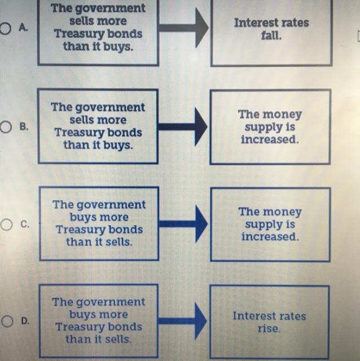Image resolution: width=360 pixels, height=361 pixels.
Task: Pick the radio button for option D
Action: coord(6,321)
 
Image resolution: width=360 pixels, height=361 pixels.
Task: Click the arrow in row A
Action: coord(183,27)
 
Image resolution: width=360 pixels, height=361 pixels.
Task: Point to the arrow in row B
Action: coord(183,126)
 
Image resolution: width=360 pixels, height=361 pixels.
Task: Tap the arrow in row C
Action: coord(183,224)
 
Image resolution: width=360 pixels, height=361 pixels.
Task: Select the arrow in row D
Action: coord(183,321)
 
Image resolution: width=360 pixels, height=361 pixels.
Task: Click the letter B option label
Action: coord(24,126)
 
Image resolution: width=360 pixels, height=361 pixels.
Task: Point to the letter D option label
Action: coord(25,321)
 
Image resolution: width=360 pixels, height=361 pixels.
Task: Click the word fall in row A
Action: coord(271,35)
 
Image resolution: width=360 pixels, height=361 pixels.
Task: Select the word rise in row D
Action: coord(269,328)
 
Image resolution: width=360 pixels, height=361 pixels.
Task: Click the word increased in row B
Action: coord(269,140)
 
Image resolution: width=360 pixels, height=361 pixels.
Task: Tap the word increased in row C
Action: coord(270,237)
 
